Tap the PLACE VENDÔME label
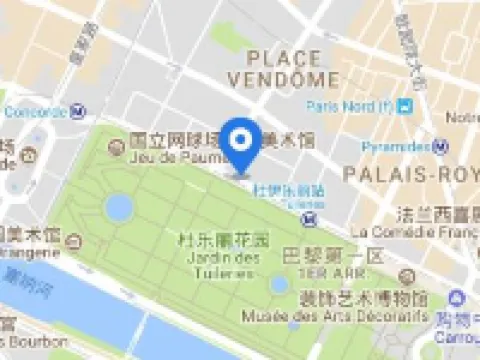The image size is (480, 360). coord(289,67)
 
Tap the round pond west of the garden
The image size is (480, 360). coord(119,208)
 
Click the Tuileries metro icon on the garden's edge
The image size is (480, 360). coord(312,218)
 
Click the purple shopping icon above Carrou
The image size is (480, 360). coord(458,297)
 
